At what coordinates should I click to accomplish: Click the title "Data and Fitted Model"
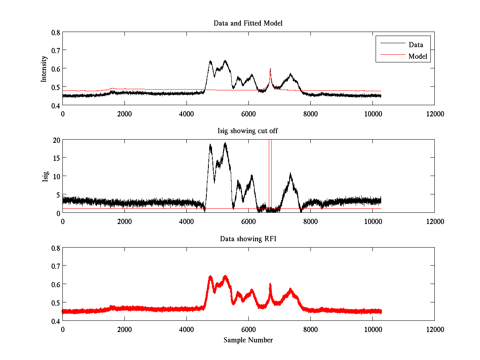[x=248, y=23]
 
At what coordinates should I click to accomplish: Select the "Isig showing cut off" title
[x=248, y=131]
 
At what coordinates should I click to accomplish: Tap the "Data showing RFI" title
[x=248, y=239]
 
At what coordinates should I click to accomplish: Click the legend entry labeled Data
[x=416, y=44]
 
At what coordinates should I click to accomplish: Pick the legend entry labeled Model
[x=418, y=56]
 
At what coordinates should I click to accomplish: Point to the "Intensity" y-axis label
[x=44, y=68]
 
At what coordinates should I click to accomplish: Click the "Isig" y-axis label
[x=45, y=176]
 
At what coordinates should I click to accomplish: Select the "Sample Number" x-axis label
[x=248, y=340]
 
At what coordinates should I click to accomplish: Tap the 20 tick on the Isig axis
[x=56, y=140]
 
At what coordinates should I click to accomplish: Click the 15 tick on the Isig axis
[x=56, y=158]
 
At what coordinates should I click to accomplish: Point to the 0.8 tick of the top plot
[x=56, y=32]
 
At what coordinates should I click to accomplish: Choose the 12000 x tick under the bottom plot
[x=434, y=329]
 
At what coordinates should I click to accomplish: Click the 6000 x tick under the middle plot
[x=248, y=221]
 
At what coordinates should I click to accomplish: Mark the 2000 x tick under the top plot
[x=124, y=114]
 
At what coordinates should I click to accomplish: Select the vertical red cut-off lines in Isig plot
[x=270, y=176]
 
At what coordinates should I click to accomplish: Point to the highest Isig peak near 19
[x=225, y=143]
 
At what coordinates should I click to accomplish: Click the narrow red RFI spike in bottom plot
[x=270, y=285]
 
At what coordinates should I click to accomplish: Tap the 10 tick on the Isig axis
[x=56, y=176]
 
